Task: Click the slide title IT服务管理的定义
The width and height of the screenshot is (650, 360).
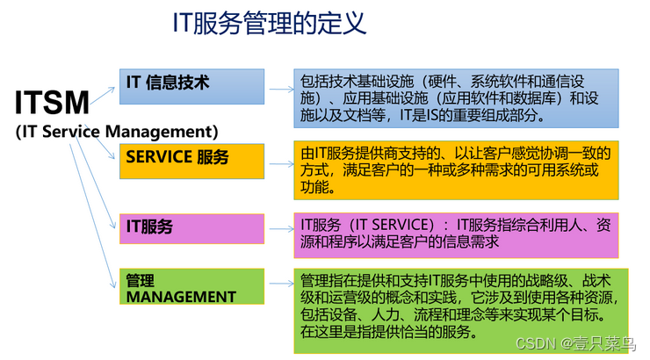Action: (x=270, y=24)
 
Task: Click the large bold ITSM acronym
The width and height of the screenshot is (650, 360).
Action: (x=53, y=102)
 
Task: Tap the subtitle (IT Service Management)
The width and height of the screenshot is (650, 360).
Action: (x=117, y=132)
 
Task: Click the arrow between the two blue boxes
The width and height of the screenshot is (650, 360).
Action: (x=280, y=89)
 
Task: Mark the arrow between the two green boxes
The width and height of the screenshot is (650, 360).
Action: (x=280, y=285)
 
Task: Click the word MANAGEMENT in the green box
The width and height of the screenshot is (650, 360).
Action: (x=181, y=297)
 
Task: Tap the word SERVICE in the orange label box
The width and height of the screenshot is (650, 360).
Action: (x=159, y=158)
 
